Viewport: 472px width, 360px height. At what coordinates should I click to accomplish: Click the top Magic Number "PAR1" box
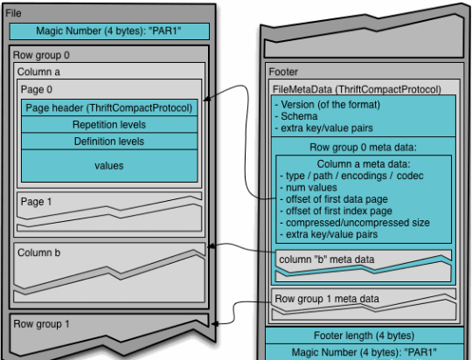[x=109, y=31]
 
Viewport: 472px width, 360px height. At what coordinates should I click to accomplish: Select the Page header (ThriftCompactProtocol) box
[x=109, y=107]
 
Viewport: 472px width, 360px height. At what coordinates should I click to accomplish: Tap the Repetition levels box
[x=109, y=125]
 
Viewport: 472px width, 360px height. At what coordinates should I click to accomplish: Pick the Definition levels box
[x=109, y=142]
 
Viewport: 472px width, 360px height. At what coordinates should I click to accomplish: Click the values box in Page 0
[x=109, y=166]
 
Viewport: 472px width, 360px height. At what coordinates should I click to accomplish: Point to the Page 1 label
[x=36, y=202]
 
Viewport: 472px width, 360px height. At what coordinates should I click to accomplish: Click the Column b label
[x=38, y=253]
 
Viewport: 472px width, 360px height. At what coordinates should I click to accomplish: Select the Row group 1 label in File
[x=42, y=324]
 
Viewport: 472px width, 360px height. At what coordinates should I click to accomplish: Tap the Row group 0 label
[x=41, y=55]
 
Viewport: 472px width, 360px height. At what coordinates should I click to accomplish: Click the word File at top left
[x=13, y=13]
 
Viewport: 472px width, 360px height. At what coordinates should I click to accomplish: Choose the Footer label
[x=283, y=72]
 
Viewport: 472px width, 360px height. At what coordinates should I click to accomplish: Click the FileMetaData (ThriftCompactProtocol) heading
[x=357, y=89]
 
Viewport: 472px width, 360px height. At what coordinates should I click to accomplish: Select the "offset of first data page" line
[x=334, y=199]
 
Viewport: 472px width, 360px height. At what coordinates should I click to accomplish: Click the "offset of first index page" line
[x=336, y=211]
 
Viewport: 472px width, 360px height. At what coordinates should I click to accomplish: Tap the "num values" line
[x=309, y=188]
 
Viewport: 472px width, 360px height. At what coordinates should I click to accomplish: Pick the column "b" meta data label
[x=327, y=260]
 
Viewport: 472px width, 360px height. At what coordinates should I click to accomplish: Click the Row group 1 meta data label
[x=327, y=299]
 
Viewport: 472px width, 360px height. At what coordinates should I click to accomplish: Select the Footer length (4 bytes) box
[x=364, y=336]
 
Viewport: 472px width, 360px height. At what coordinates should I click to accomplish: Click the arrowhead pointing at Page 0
[x=206, y=99]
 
